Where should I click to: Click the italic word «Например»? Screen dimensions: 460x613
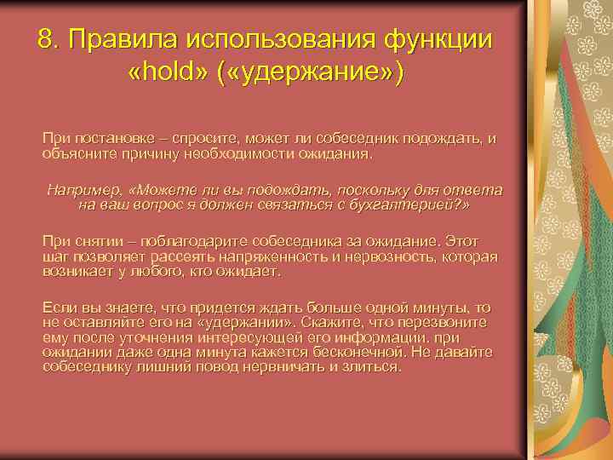click(84, 190)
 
